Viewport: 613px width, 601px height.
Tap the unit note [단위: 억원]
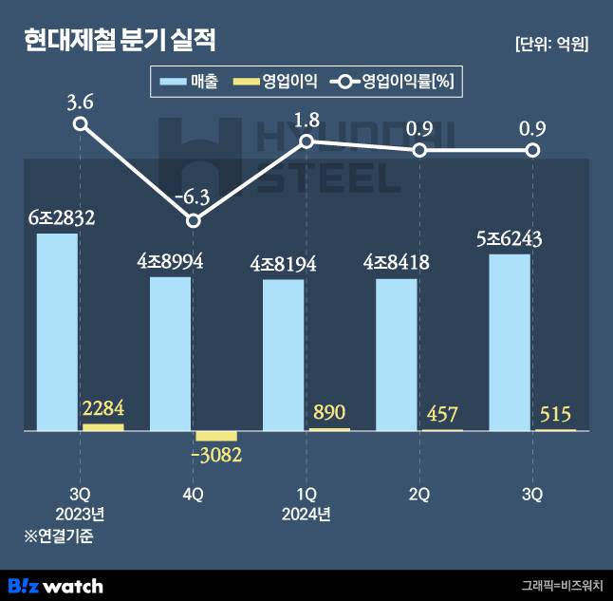click(x=550, y=44)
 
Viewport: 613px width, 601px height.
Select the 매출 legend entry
click(x=190, y=83)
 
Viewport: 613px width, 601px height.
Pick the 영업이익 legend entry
click(x=275, y=83)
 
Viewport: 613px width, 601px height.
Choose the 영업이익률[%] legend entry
click(x=394, y=83)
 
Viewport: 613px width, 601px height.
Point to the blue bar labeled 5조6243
click(x=510, y=342)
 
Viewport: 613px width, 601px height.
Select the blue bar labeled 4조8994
click(x=170, y=353)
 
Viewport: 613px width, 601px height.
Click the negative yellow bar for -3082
click(x=216, y=437)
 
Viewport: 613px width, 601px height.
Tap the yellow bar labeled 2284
click(x=102, y=427)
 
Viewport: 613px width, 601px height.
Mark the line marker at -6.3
click(x=194, y=221)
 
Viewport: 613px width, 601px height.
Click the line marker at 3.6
click(x=81, y=123)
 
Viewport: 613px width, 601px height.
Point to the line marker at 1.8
click(x=306, y=141)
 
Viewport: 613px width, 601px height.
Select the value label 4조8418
click(x=397, y=263)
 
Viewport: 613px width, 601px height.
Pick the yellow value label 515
click(x=555, y=414)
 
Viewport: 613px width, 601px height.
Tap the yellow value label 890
click(x=328, y=412)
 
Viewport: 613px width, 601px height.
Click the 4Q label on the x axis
click(x=194, y=494)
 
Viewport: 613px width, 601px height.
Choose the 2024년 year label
click(x=306, y=516)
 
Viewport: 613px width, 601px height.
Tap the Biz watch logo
click(x=55, y=585)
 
